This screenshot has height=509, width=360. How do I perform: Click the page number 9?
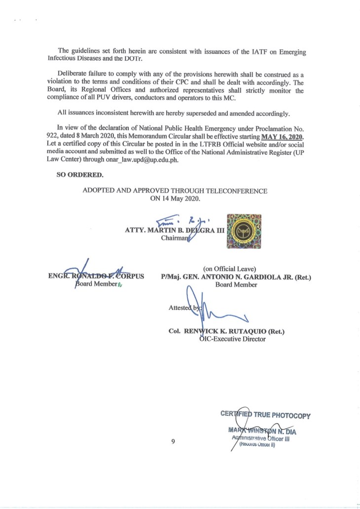[173, 441]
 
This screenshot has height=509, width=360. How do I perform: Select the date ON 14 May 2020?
[175, 199]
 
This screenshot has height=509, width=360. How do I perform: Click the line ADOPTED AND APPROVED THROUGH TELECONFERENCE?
[175, 191]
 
